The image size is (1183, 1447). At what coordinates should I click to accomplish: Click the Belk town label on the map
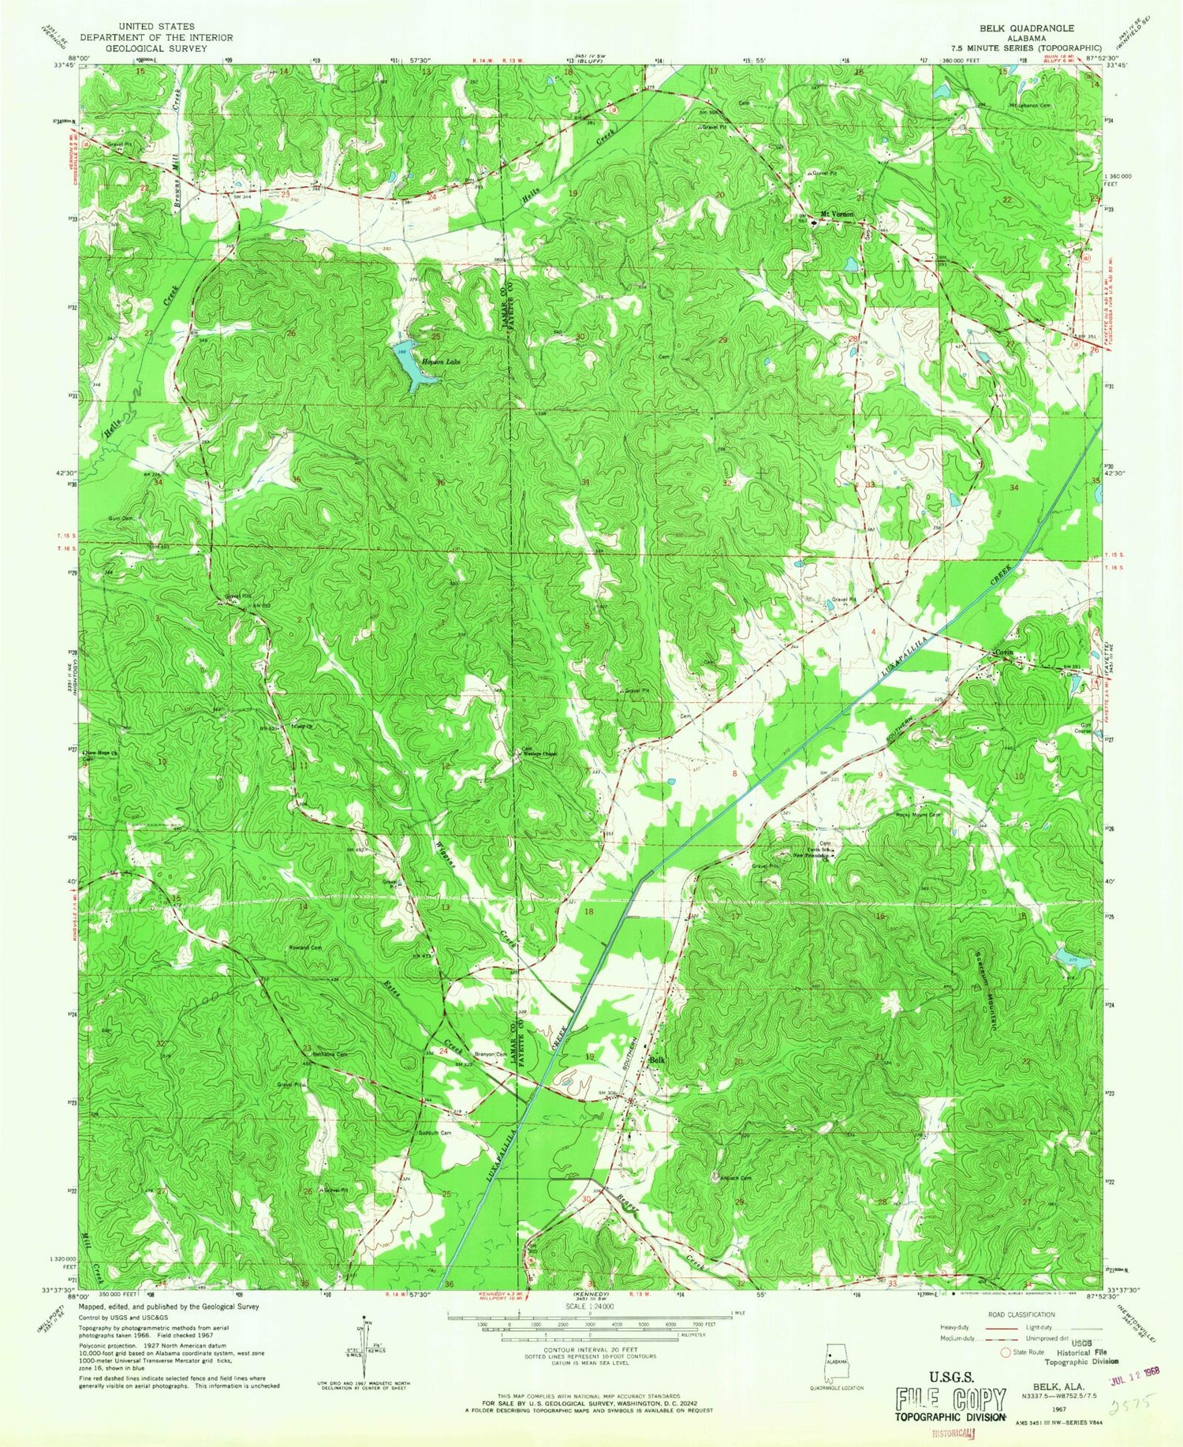(657, 1060)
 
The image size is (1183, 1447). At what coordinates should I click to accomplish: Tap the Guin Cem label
(120, 518)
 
